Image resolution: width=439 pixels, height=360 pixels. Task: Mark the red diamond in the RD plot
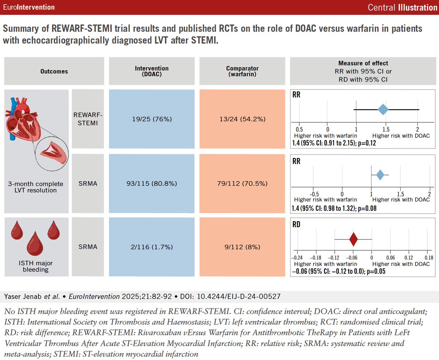pyautogui.click(x=353, y=239)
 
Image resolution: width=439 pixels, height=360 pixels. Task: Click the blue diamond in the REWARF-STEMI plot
pyautogui.click(x=383, y=109)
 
